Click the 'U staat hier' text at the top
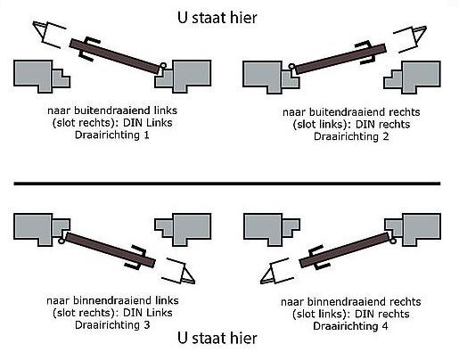217,17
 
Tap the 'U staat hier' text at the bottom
217,339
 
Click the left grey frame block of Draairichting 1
40,76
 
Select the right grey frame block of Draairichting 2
423,75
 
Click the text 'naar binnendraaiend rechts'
345,302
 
